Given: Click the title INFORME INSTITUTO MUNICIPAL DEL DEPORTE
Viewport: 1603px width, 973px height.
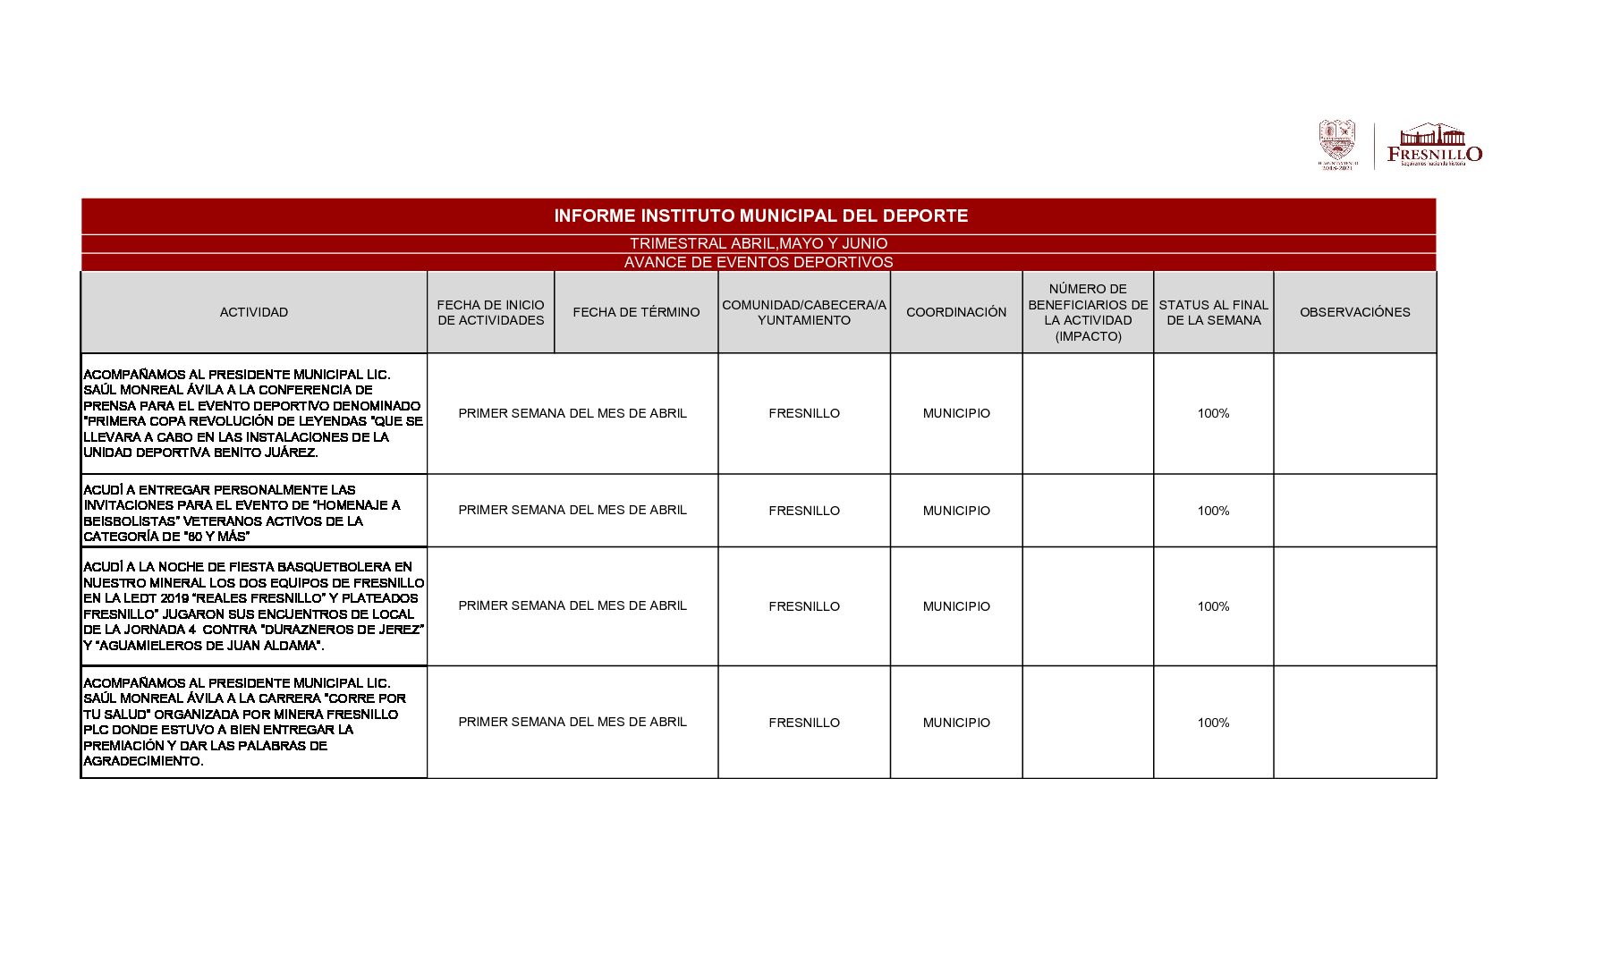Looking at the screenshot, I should [x=760, y=216].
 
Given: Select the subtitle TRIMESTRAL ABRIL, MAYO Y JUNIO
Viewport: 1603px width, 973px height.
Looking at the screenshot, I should [x=759, y=243].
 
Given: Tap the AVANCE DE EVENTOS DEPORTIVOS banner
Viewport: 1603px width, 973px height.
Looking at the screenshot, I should [x=759, y=262].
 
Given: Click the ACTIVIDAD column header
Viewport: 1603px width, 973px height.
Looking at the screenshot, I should [x=254, y=312].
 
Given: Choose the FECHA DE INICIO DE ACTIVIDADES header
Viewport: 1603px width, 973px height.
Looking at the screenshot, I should [x=490, y=312].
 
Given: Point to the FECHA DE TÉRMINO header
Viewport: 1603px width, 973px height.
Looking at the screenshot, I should [x=636, y=312].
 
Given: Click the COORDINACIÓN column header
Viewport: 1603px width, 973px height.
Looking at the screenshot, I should [x=956, y=312].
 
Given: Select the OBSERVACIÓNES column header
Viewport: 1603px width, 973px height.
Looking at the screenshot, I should [x=1354, y=312].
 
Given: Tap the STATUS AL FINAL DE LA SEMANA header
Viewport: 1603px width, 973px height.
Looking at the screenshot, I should [x=1213, y=312].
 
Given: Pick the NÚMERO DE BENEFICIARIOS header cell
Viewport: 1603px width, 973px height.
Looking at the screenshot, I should [x=1088, y=312].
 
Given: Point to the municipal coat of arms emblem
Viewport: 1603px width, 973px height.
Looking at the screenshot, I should [x=1336, y=142].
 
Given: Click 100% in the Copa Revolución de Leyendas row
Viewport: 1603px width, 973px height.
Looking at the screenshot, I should [x=1213, y=413].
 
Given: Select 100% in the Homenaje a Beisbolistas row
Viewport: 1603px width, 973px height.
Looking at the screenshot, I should [x=1213, y=511].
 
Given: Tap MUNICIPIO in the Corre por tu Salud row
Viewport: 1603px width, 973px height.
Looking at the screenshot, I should [x=956, y=723].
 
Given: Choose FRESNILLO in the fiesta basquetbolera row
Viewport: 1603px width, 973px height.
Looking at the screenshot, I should [x=804, y=606].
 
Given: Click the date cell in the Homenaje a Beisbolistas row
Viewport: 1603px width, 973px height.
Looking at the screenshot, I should [x=572, y=510].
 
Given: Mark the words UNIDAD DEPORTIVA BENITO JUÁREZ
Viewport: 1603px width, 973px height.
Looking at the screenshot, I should [x=200, y=453].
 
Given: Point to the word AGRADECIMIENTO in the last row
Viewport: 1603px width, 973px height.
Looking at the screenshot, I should [x=143, y=761].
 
